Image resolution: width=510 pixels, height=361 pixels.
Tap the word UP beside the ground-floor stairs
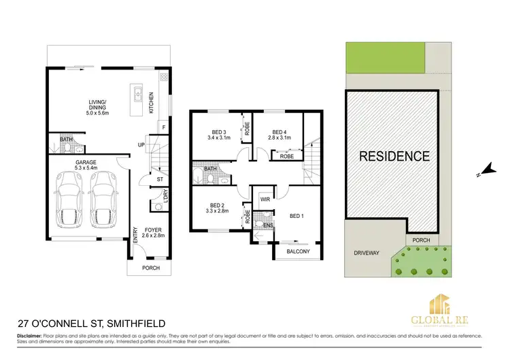141,145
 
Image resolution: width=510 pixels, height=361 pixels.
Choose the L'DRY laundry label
164,193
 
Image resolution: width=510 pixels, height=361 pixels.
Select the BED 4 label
282,136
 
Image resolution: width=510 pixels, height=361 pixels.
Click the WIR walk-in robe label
265,199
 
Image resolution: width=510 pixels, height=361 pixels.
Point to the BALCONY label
298,252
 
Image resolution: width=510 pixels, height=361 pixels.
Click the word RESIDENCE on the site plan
394,157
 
